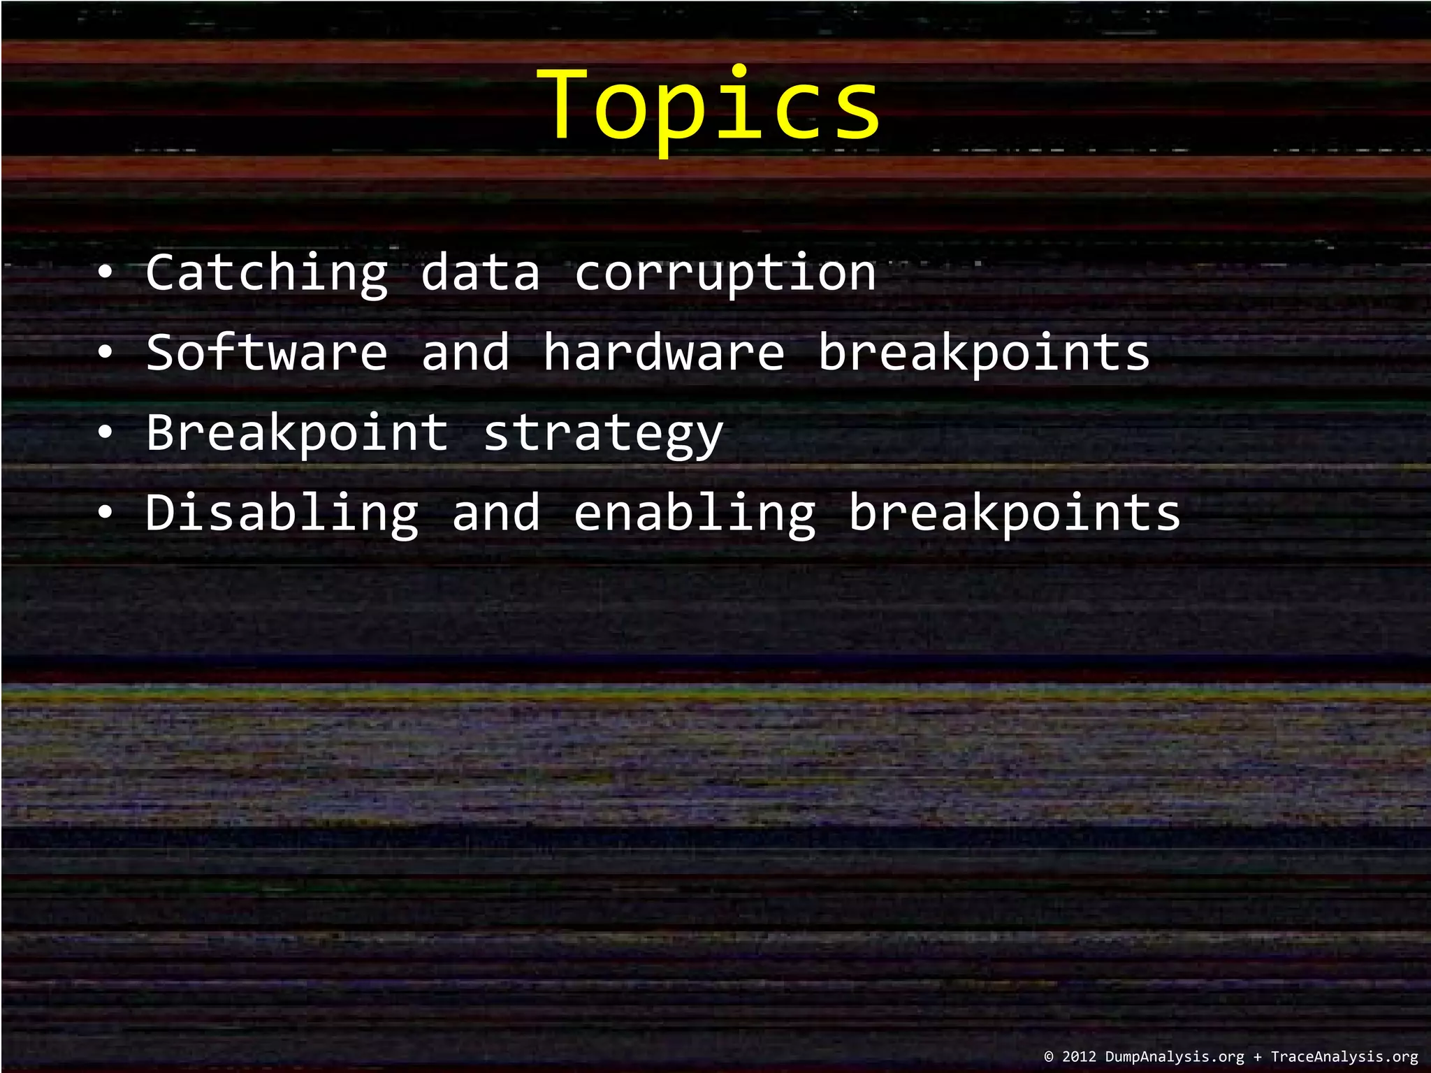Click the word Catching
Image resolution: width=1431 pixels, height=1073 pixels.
pyautogui.click(x=266, y=272)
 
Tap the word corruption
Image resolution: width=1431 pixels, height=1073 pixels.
pyautogui.click(x=725, y=272)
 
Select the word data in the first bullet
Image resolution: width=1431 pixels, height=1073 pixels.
pyautogui.click(x=480, y=272)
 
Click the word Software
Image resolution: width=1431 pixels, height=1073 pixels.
pyautogui.click(x=266, y=352)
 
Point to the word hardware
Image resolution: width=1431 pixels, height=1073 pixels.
pyautogui.click(x=664, y=352)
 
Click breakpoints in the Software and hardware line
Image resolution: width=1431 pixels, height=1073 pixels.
pyautogui.click(x=984, y=352)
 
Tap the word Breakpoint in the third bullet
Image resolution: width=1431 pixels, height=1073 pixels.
pyautogui.click(x=297, y=432)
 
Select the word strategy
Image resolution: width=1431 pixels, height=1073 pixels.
pyautogui.click(x=603, y=432)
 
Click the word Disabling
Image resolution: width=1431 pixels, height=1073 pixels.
pyautogui.click(x=282, y=513)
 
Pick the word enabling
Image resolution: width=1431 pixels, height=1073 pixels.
pyautogui.click(x=695, y=513)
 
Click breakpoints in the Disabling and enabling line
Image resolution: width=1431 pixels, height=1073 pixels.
pyautogui.click(x=1015, y=513)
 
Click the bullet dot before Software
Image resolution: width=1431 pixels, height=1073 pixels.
pyautogui.click(x=104, y=353)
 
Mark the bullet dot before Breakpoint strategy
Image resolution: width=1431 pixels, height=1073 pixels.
pyautogui.click(x=104, y=434)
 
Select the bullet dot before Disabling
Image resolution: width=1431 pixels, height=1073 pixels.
pyautogui.click(x=104, y=514)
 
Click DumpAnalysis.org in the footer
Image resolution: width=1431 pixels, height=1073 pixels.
pyautogui.click(x=1175, y=1057)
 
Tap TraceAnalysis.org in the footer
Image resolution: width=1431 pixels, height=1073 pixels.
pyautogui.click(x=1344, y=1057)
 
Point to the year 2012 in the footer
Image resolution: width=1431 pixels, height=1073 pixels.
pyautogui.click(x=1080, y=1057)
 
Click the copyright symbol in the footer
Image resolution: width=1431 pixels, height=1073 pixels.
pyautogui.click(x=1049, y=1057)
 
